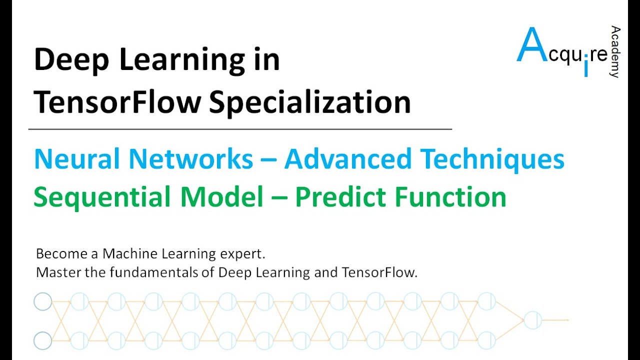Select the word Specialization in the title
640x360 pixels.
point(309,103)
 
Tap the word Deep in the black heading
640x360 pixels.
point(64,60)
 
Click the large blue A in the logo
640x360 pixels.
point(529,46)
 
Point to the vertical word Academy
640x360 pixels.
point(615,52)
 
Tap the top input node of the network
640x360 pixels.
point(43,301)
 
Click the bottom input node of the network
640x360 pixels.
point(43,341)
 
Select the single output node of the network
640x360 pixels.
point(532,320)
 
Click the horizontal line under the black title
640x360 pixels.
point(240,129)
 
